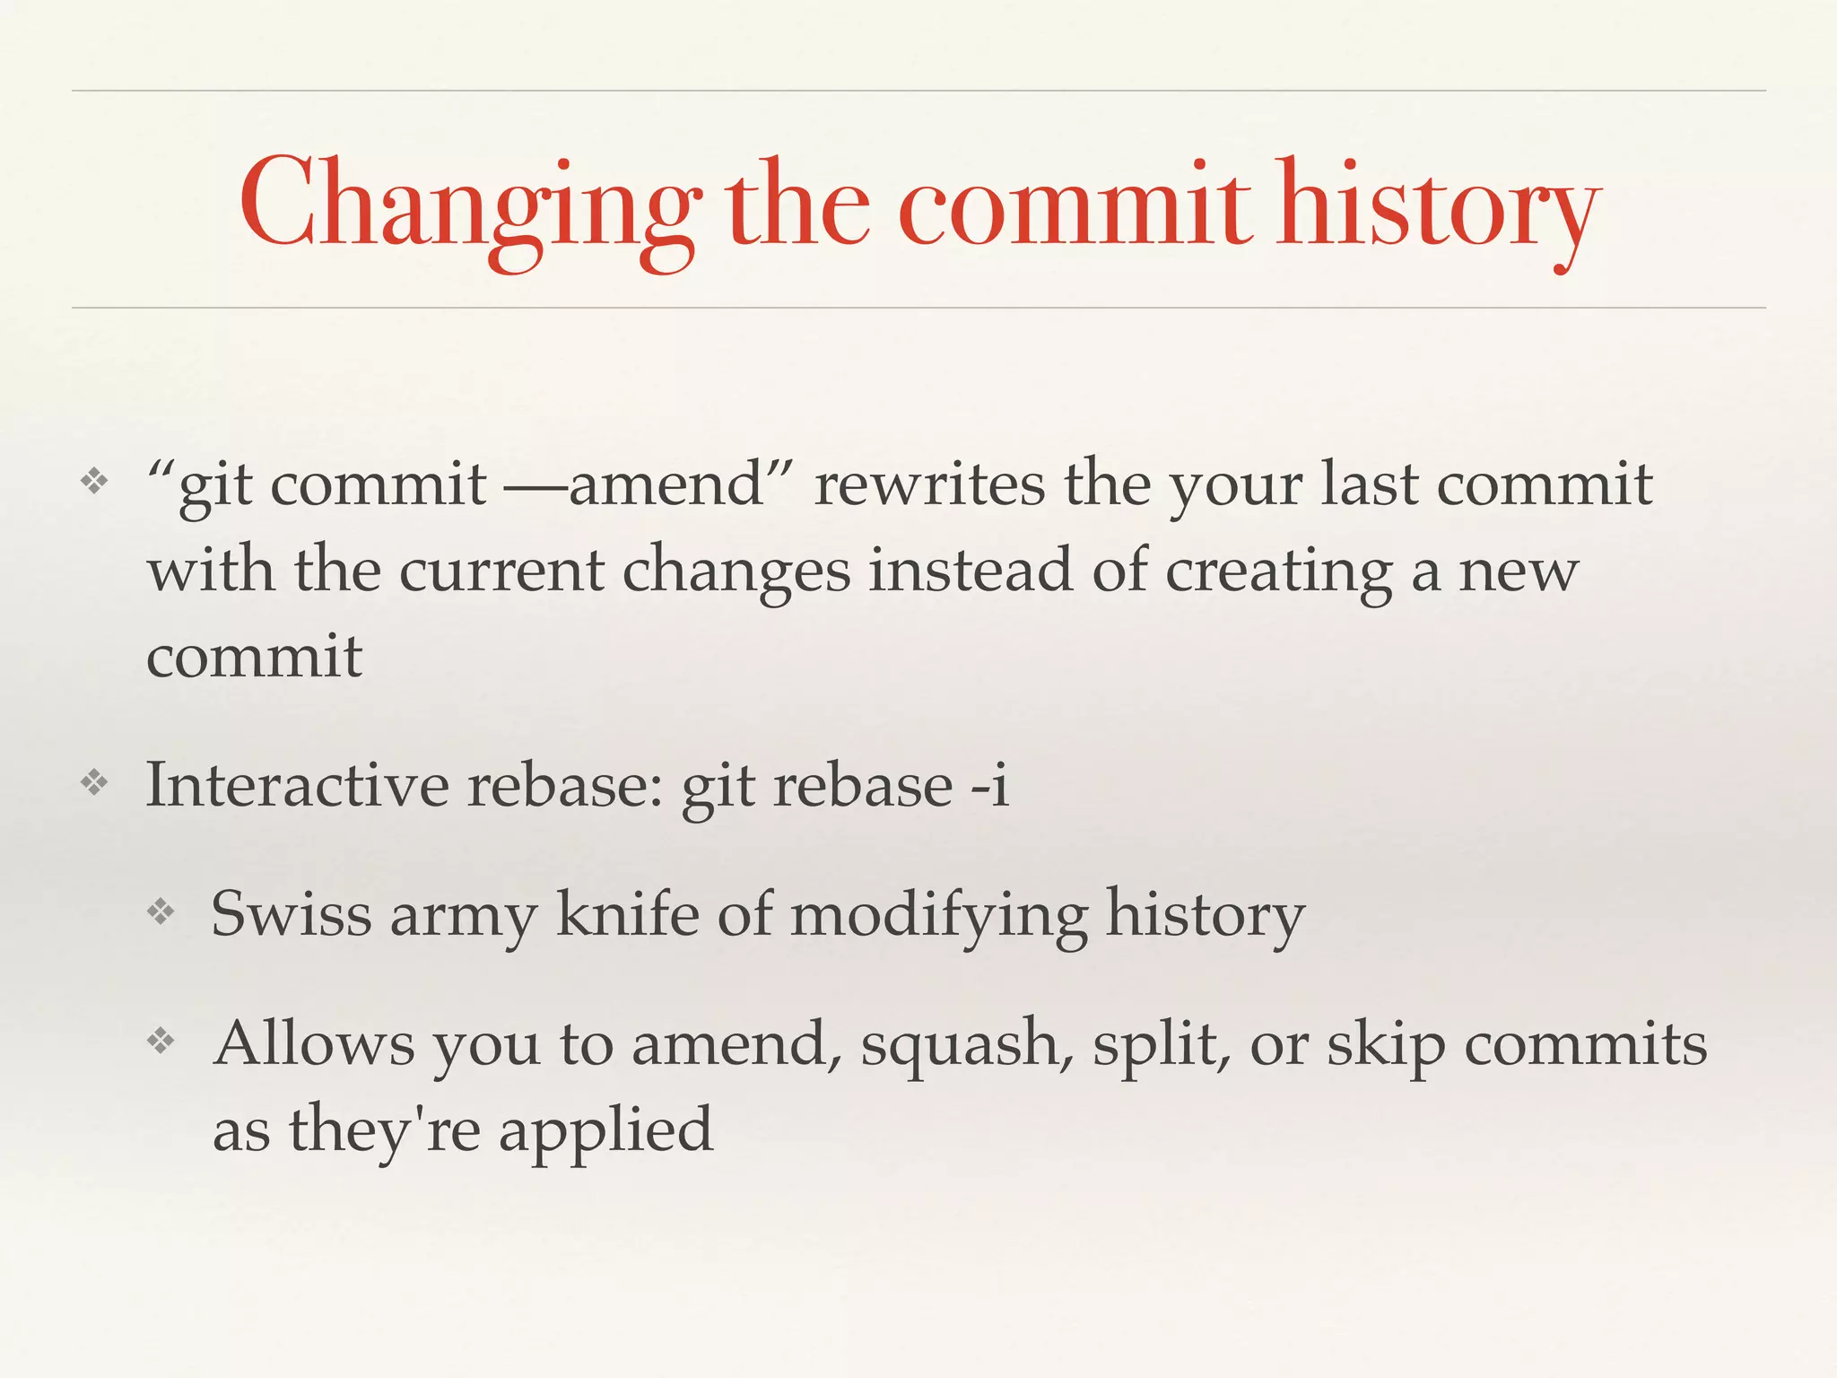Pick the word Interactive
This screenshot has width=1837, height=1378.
point(297,785)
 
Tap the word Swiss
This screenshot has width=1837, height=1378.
point(291,914)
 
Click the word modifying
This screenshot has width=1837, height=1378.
point(938,914)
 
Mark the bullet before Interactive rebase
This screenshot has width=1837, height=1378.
point(94,783)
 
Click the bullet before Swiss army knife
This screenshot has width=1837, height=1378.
point(161,912)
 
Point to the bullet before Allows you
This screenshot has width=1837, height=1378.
point(161,1042)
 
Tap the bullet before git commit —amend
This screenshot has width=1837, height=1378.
point(94,483)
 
